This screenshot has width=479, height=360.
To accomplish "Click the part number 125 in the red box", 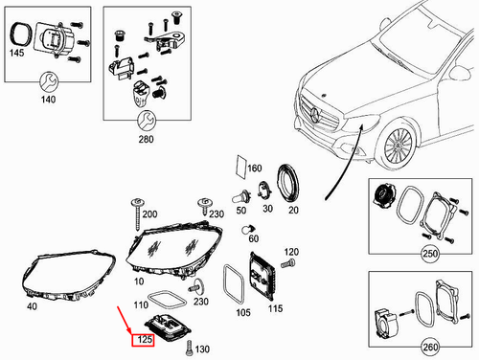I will pos(144,340).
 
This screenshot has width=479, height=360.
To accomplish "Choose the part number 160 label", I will pos(254,169).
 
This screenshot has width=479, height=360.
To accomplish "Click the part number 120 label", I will pos(291,252).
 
